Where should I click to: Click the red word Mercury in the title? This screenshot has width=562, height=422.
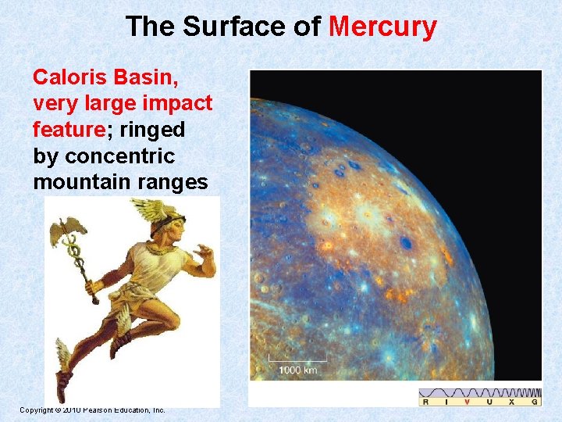tap(382, 27)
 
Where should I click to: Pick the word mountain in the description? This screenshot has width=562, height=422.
tap(76, 182)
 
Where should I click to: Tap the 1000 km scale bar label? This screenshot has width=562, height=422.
tap(297, 370)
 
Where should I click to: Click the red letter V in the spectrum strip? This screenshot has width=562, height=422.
tap(467, 401)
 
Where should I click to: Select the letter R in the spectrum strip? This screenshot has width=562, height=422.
tap(425, 401)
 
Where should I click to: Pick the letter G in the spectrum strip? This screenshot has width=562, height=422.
tap(535, 401)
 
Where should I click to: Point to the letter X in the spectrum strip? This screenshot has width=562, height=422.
tap(512, 401)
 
